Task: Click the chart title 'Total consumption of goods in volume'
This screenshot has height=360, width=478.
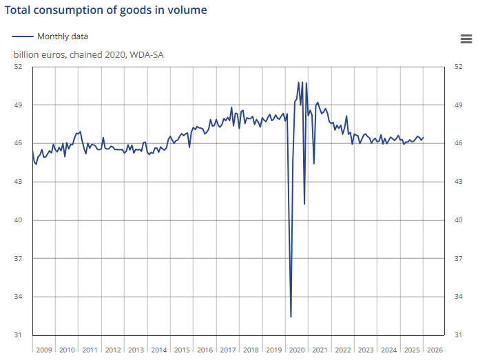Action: click(106, 10)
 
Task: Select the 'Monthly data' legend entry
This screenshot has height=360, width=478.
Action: click(62, 36)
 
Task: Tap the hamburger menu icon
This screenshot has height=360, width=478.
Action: click(466, 39)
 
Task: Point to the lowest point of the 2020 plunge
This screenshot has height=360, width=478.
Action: click(291, 317)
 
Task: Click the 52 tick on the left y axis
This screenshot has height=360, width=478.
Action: click(19, 67)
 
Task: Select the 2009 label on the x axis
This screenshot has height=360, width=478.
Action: click(44, 350)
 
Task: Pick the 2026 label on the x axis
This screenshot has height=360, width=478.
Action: click(435, 350)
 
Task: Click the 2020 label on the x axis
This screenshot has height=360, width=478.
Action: click(297, 350)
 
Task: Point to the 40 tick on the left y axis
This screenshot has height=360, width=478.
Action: click(19, 220)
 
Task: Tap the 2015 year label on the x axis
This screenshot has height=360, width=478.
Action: click(182, 350)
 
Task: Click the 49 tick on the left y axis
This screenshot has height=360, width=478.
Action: click(19, 105)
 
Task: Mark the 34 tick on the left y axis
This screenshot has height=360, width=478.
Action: click(19, 297)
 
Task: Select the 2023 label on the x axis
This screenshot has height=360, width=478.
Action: click(366, 350)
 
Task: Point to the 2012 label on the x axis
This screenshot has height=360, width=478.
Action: click(113, 350)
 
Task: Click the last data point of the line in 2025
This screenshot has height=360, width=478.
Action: click(423, 137)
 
